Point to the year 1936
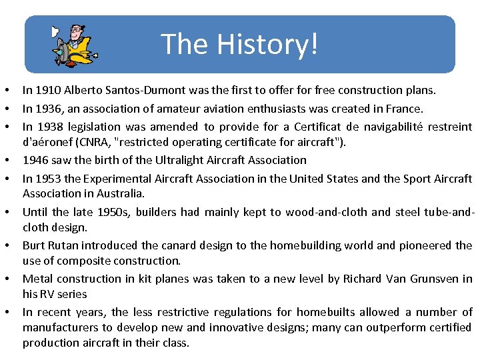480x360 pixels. pyautogui.click(x=48, y=108)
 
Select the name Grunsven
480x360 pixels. pyautogui.click(x=433, y=278)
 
